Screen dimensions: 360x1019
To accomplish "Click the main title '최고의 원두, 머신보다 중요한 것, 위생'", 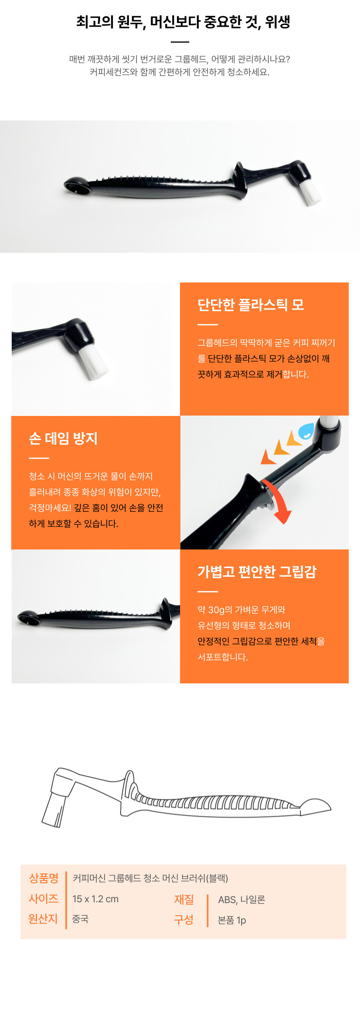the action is (183, 22).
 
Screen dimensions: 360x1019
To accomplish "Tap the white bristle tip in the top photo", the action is (310, 193).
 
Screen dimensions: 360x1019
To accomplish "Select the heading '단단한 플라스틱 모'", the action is (251, 305).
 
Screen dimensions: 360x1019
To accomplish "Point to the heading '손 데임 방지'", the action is (63, 438).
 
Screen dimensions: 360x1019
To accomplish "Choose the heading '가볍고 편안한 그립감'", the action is (257, 572).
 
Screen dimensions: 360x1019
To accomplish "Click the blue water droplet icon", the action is (306, 431).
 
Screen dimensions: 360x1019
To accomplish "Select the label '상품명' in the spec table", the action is (44, 878).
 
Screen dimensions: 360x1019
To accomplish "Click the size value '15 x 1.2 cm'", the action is (95, 899).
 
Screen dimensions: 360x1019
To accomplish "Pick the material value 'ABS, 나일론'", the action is (242, 899).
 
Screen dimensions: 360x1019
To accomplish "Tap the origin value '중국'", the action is (80, 919).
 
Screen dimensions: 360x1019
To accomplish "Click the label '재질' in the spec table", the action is (184, 899).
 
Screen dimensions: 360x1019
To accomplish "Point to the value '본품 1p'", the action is (232, 920).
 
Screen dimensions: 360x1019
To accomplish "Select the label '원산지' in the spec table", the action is (43, 919).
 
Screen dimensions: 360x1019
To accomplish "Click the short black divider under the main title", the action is (180, 42).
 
